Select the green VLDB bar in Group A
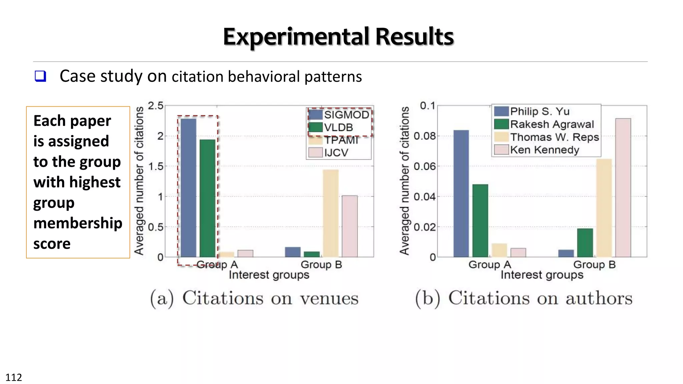click(207, 198)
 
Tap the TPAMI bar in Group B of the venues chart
click(330, 213)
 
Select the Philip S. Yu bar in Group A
click(461, 193)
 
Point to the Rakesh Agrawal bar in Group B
click(585, 242)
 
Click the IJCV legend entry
click(336, 153)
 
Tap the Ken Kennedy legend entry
click(544, 150)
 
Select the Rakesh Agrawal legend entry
click(552, 124)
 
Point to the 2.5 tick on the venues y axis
click(155, 106)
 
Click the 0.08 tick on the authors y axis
click(424, 136)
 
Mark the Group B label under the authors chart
click(594, 265)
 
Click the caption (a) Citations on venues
click(254, 298)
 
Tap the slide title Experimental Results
click(338, 36)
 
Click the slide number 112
click(14, 377)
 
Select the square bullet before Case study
click(40, 76)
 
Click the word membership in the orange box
click(78, 223)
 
